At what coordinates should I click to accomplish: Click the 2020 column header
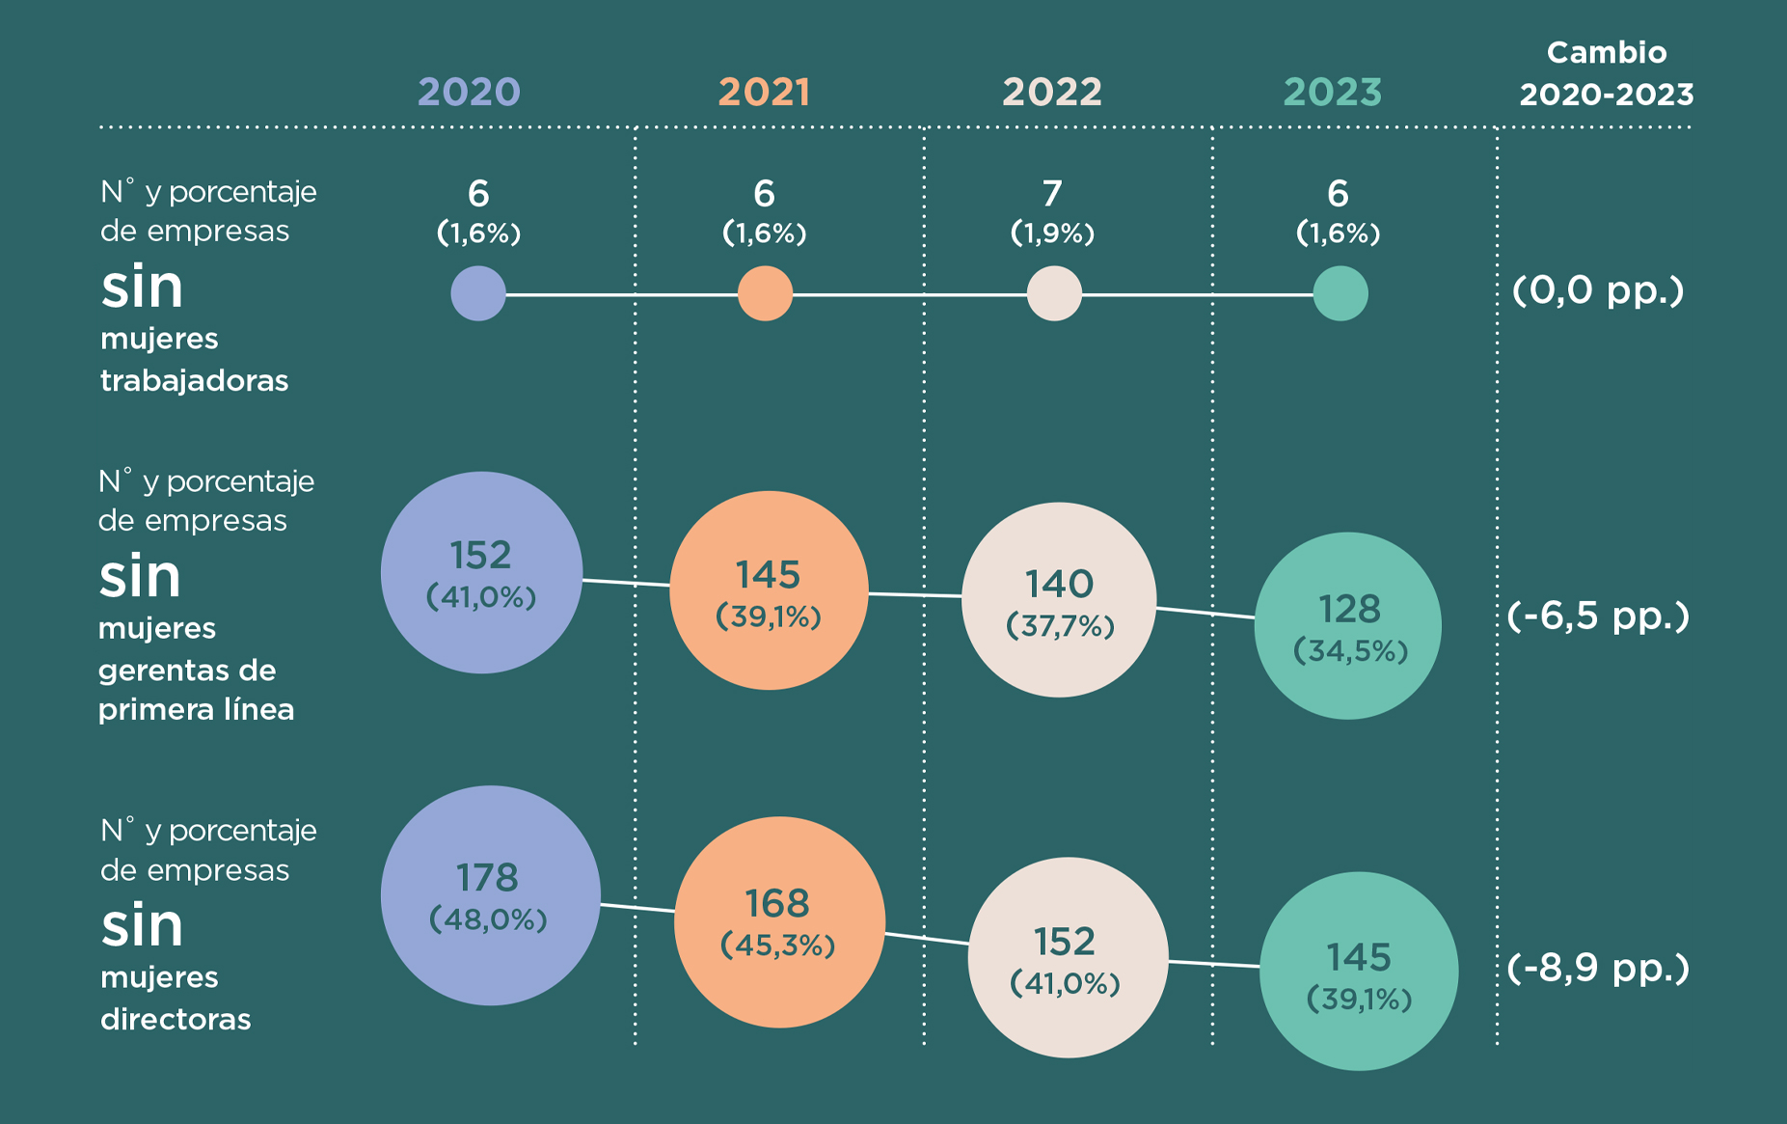(469, 93)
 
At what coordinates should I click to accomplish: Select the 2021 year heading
(764, 93)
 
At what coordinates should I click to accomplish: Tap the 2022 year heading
(1051, 93)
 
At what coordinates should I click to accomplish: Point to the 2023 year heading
(1332, 93)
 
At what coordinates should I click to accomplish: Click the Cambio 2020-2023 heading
(1606, 73)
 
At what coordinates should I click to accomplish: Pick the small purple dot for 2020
(478, 293)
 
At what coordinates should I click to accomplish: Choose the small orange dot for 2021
(765, 293)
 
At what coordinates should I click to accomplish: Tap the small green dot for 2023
(1340, 293)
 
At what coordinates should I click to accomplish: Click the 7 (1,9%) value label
(1052, 211)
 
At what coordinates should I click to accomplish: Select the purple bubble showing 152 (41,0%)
(481, 572)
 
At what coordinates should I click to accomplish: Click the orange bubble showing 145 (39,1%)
(769, 590)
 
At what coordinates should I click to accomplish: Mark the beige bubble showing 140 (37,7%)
(1059, 600)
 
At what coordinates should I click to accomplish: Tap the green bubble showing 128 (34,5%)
(1348, 625)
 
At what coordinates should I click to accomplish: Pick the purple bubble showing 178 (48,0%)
(490, 895)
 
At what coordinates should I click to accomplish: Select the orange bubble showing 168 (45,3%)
(779, 921)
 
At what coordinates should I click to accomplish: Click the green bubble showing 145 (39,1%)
(1359, 971)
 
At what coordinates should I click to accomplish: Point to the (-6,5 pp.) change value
(1598, 616)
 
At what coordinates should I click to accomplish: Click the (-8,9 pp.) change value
(1598, 968)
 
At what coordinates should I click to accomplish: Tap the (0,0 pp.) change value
(1598, 290)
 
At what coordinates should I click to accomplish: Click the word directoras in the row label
(176, 1019)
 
